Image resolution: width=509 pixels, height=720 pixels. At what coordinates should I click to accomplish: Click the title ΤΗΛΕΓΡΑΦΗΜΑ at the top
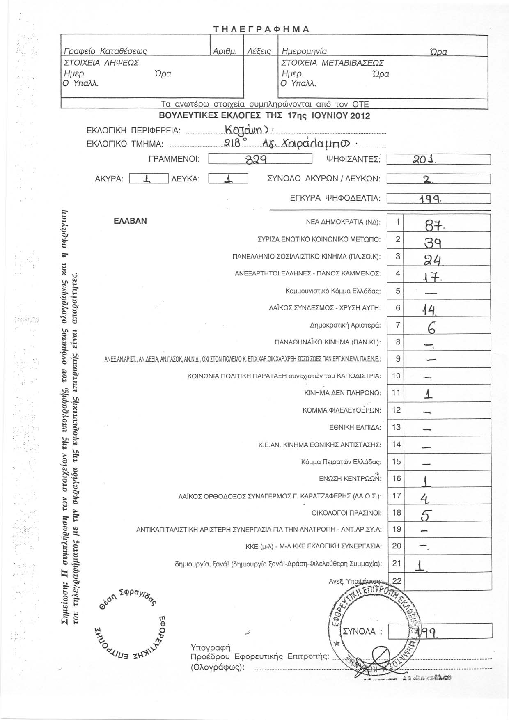(261, 29)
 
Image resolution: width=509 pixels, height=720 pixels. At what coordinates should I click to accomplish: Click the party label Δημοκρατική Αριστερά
(345, 325)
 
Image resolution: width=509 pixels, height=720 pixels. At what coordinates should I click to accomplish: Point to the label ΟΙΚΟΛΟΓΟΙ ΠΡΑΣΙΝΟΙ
(346, 513)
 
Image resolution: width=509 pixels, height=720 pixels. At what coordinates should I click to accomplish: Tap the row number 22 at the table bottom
(397, 580)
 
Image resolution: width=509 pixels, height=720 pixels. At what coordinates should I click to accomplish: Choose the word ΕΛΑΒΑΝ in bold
(130, 221)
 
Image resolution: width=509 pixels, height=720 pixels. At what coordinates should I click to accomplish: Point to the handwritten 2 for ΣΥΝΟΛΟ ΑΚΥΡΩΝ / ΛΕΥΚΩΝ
(427, 179)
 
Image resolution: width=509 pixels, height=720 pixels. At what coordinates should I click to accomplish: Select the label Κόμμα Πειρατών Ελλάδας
(341, 462)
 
